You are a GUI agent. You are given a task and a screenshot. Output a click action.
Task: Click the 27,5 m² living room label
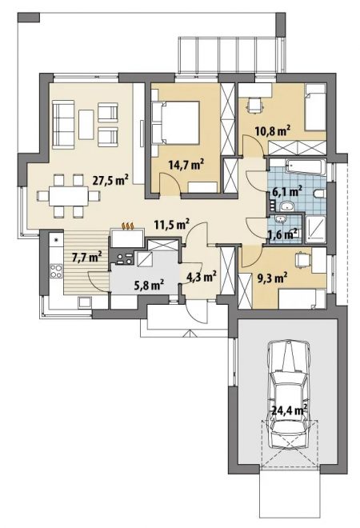click(110, 181)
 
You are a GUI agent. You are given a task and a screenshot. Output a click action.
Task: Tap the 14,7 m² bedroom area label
click(186, 165)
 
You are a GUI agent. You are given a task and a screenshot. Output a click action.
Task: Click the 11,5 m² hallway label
click(172, 224)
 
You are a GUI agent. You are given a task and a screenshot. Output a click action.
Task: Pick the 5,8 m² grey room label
click(149, 285)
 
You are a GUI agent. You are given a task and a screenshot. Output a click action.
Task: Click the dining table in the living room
click(68, 196)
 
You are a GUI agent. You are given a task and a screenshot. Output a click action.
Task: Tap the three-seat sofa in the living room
click(64, 124)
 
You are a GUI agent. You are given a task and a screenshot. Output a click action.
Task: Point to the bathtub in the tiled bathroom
click(306, 167)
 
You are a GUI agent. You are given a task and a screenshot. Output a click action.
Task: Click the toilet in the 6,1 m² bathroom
click(319, 194)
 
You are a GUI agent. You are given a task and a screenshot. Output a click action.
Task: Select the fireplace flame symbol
click(128, 226)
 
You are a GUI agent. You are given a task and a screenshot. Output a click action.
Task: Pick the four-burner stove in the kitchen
click(56, 271)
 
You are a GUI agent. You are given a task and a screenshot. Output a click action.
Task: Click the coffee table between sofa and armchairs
click(86, 124)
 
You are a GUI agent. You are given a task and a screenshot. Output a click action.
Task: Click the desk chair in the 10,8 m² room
click(254, 104)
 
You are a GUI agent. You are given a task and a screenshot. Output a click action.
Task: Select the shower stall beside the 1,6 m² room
click(315, 229)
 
